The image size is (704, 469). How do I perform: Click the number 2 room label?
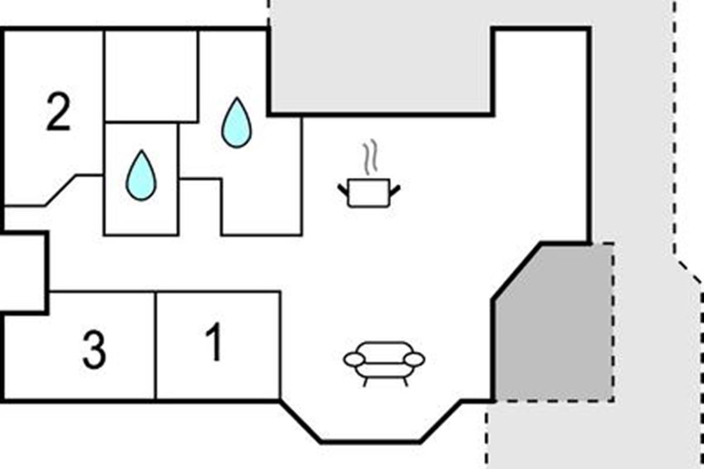click(59, 111)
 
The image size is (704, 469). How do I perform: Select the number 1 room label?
click(214, 342)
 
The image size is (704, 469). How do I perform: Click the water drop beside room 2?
click(141, 175)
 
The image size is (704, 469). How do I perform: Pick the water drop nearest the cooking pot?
click(236, 123)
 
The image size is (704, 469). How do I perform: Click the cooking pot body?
click(369, 193)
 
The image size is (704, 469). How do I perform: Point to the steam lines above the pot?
click(371, 157)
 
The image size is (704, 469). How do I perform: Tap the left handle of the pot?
click(343, 190)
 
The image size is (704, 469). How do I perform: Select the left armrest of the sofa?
click(354, 360)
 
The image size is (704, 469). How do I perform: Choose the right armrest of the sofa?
click(414, 360)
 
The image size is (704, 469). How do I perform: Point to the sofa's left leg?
click(365, 382)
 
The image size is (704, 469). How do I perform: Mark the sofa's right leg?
click(406, 382)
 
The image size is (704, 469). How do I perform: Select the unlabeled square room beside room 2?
click(151, 76)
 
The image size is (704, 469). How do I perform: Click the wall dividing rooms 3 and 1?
click(155, 346)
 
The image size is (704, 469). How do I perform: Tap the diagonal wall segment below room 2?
click(60, 191)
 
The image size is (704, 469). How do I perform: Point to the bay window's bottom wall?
click(371, 442)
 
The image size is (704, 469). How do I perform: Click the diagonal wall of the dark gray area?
click(517, 271)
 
